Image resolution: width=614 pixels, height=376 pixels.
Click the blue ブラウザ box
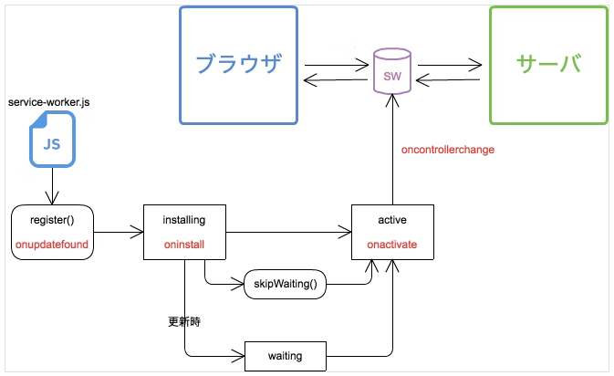coord(238,65)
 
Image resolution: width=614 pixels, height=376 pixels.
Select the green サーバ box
coord(548,65)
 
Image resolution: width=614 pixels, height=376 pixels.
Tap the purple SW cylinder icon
coord(392,72)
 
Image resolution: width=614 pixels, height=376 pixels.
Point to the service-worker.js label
coord(48,102)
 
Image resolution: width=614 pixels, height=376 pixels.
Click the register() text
coord(51,220)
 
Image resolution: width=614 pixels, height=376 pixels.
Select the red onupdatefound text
coord(51,245)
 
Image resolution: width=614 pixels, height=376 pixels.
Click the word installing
coord(183,220)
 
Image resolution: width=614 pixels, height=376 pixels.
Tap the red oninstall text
coord(183,245)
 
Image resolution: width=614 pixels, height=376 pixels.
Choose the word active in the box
coord(392,220)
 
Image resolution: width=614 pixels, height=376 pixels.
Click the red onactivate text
coord(392,245)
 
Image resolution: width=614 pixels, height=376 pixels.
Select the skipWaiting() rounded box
coord(285,284)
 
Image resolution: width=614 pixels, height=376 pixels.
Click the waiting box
coord(285,355)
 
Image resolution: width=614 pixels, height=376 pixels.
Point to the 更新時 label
coord(184,322)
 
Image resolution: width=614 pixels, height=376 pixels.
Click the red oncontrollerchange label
coord(448,149)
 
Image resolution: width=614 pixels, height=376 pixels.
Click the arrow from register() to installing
coord(119,232)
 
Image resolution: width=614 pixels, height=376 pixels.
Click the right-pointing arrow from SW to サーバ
coord(448,64)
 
